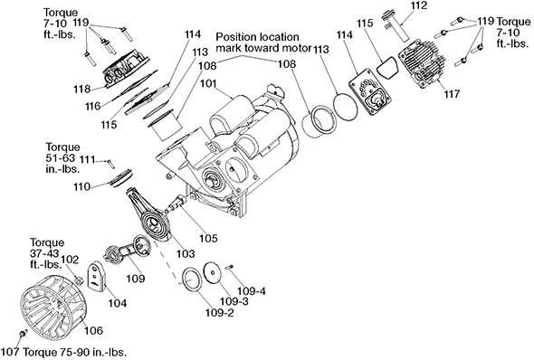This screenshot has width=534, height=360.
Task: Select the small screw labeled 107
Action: coord(23,334)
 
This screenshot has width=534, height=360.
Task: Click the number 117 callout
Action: coord(452,93)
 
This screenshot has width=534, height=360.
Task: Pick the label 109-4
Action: coord(252,291)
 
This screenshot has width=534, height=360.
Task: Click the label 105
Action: coord(208,238)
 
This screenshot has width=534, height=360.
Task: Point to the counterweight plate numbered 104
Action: coord(98,276)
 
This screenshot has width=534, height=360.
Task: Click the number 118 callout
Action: coord(82,90)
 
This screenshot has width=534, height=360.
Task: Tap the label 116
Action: coord(93,106)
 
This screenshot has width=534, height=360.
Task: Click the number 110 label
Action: coord(81,187)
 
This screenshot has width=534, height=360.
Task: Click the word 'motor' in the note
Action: coord(297,48)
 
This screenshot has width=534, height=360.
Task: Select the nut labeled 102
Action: coord(80,280)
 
